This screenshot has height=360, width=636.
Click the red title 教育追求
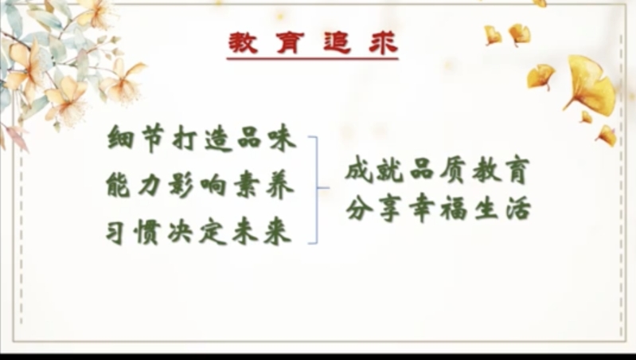coord(313,43)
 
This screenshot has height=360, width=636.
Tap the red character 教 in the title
coord(243,43)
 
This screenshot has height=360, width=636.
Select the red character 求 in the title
coord(384,43)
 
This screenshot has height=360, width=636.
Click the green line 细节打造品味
coord(201,138)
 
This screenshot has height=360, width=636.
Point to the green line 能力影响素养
coord(200,185)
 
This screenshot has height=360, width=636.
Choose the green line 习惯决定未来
coord(199,232)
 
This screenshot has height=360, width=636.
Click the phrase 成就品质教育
coord(438,170)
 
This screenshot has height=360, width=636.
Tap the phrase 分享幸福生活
coord(439,209)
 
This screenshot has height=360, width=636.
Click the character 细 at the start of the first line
coord(120,138)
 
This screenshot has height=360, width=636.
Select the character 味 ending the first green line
coord(283,139)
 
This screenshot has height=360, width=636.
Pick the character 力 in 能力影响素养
coord(150,186)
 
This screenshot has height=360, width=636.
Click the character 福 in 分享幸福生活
coord(454,209)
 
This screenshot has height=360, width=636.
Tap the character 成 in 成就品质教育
coord(358,170)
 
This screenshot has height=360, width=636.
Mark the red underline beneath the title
coord(312,59)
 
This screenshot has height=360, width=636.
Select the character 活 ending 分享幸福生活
coord(518,209)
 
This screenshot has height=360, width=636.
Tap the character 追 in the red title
coord(337,43)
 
